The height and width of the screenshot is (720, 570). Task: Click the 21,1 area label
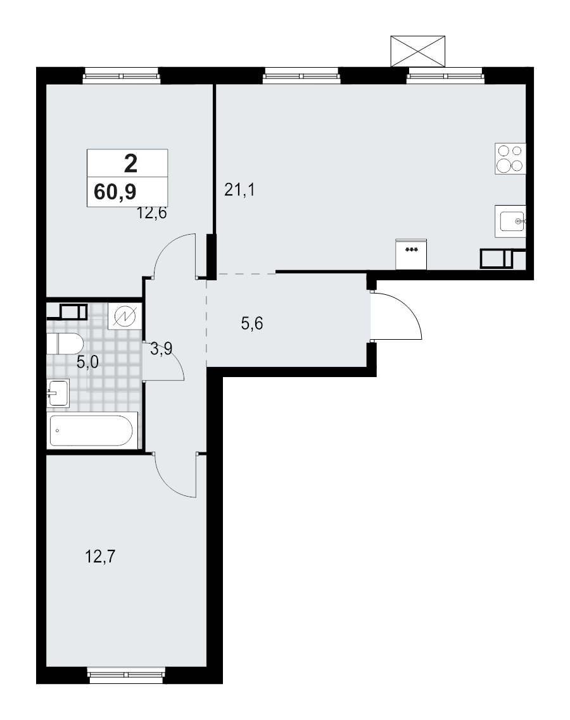point(239,189)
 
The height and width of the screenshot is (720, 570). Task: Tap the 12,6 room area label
point(152,213)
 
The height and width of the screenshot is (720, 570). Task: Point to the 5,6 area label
point(252,324)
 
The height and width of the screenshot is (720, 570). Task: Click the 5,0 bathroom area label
point(88,362)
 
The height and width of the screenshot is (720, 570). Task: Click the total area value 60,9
point(115,190)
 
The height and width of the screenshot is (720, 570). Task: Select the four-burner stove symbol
point(510,158)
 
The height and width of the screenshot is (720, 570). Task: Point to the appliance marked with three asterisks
point(411,254)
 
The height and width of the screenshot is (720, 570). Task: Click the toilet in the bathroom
point(65,345)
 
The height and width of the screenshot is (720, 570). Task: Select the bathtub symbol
point(92,431)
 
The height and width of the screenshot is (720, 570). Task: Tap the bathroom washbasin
point(57,393)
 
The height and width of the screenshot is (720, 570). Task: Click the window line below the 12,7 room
point(127,667)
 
